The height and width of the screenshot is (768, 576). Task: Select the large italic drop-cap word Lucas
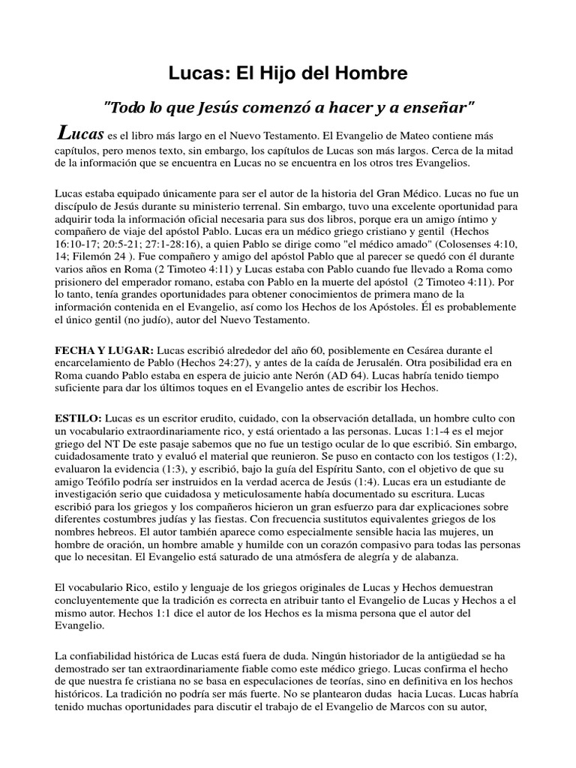pos(80,134)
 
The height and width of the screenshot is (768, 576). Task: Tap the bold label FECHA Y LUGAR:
pos(104,350)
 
